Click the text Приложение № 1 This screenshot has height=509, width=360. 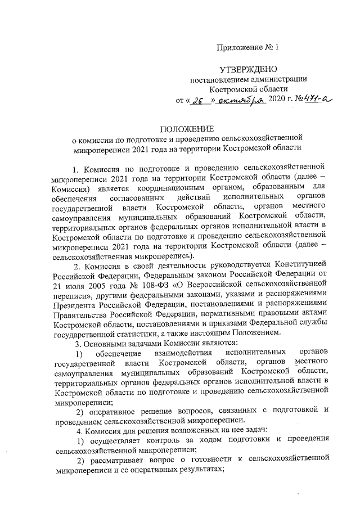[x=247, y=47]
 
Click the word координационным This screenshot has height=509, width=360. [x=190, y=187]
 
